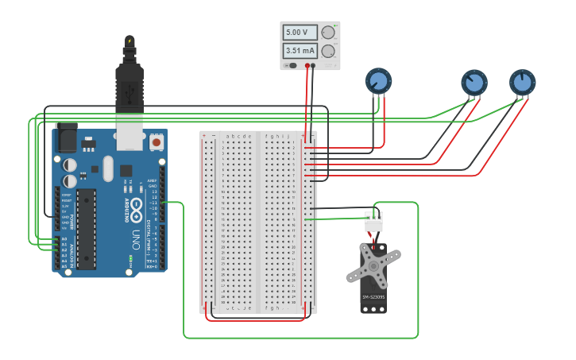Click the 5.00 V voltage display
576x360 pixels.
click(300, 33)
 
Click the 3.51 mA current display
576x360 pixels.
click(300, 51)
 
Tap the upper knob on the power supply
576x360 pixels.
click(328, 33)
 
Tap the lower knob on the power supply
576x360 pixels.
click(328, 51)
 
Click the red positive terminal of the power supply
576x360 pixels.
click(307, 66)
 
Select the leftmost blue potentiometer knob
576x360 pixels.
click(378, 80)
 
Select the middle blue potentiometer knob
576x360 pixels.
click(474, 82)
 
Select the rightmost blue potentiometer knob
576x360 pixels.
click(522, 82)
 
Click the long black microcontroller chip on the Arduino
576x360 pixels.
click(86, 226)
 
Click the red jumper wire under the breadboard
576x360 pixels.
click(254, 320)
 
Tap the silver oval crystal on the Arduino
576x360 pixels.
click(107, 168)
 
